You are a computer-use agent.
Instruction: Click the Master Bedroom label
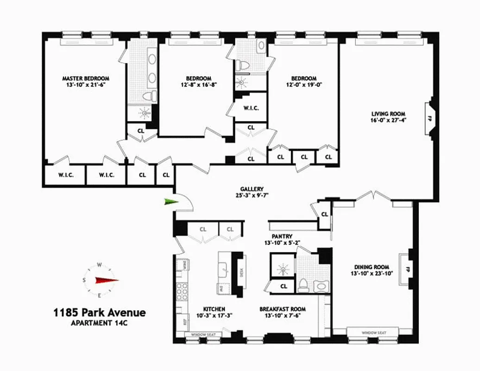pyautogui.click(x=86, y=78)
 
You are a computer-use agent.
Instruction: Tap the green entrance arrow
pyautogui.click(x=170, y=201)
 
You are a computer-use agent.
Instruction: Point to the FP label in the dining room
pyautogui.click(x=408, y=269)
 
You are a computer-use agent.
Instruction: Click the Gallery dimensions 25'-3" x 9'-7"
pyautogui.click(x=252, y=195)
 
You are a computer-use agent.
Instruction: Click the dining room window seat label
pyautogui.click(x=373, y=333)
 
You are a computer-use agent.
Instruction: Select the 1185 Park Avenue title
pyautogui.click(x=100, y=313)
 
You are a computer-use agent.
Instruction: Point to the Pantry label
pyautogui.click(x=282, y=223)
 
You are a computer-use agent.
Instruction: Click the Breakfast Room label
pyautogui.click(x=282, y=309)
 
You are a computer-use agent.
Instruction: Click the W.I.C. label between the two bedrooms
pyautogui.click(x=251, y=108)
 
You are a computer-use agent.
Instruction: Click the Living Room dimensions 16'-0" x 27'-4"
pyautogui.click(x=388, y=120)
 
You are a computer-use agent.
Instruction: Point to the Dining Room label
pyautogui.click(x=371, y=267)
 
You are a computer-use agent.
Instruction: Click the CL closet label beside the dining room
pyautogui.click(x=324, y=214)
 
